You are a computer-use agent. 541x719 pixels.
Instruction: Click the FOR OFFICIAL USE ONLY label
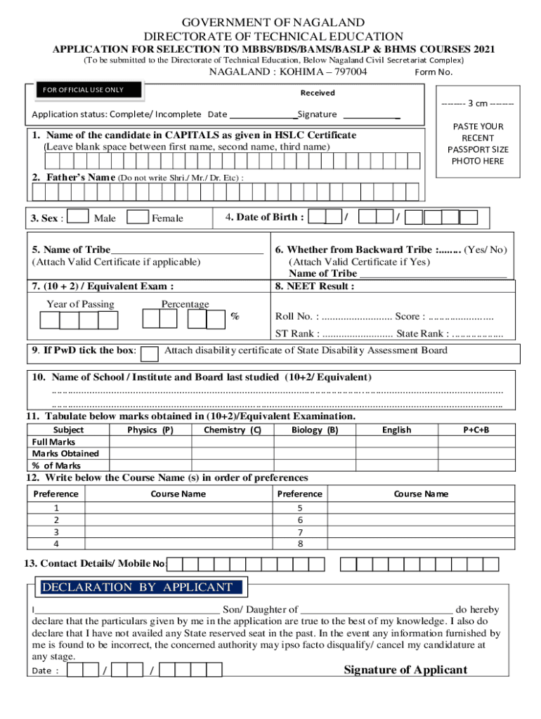click(x=84, y=90)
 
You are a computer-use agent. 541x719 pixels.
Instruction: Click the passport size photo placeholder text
click(x=478, y=144)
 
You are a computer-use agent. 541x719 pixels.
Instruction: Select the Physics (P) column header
click(x=150, y=430)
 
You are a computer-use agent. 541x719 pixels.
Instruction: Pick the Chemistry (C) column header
click(x=232, y=430)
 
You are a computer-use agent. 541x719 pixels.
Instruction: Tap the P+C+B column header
click(x=476, y=430)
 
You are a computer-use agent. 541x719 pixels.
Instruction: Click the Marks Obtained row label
click(x=65, y=454)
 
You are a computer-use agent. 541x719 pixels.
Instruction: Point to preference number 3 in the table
click(x=56, y=532)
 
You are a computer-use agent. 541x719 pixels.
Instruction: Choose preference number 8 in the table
click(x=300, y=543)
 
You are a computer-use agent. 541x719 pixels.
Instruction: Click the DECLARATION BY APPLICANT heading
click(x=137, y=587)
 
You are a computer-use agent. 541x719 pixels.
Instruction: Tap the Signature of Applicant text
click(x=405, y=670)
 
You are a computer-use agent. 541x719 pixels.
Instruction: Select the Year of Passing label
click(x=80, y=304)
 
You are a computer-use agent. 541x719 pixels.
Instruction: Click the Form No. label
click(x=434, y=72)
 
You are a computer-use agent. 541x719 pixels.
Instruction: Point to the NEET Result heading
click(x=315, y=286)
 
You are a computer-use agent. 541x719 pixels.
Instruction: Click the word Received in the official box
click(x=318, y=93)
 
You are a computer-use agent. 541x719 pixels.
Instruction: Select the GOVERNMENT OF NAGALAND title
click(x=273, y=24)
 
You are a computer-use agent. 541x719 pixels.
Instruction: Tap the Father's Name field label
click(x=73, y=178)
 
